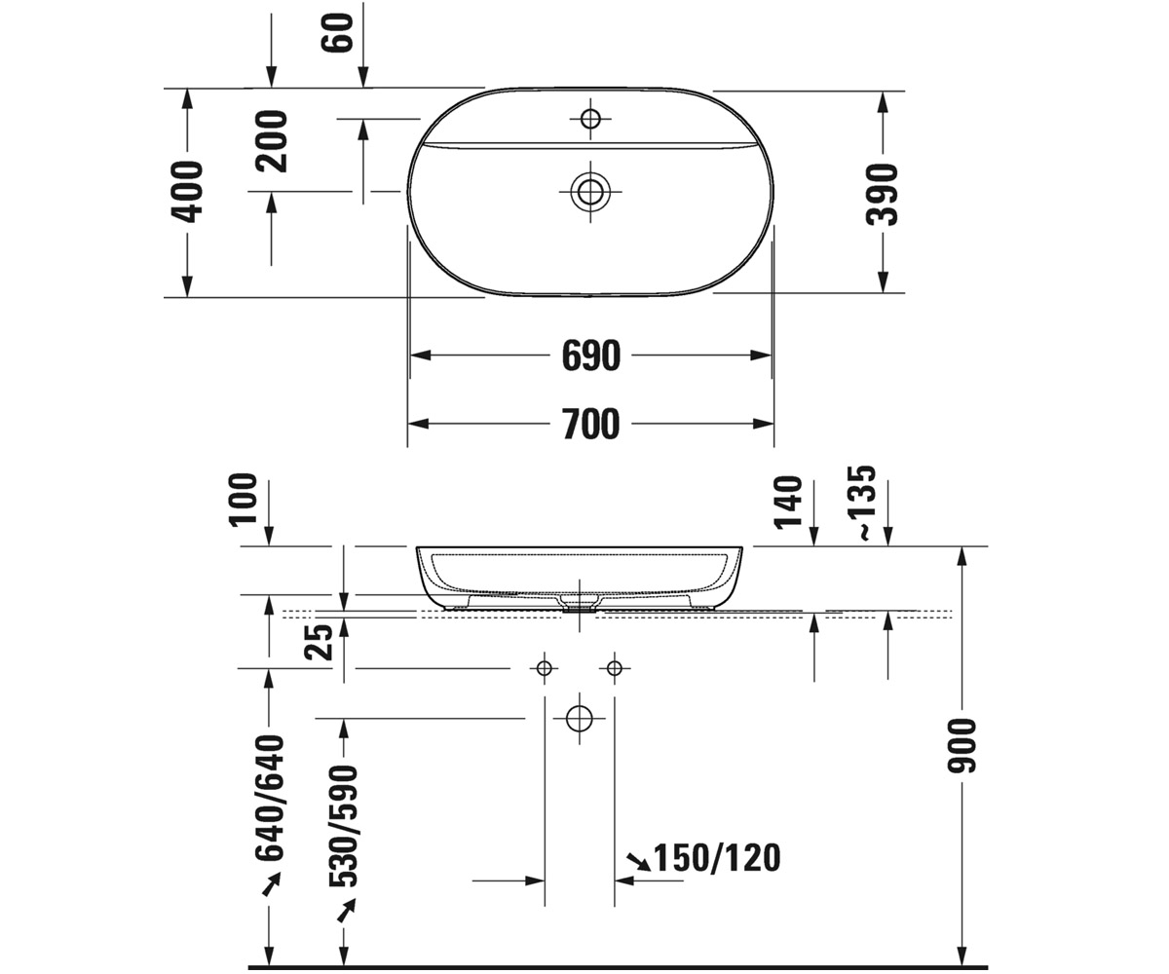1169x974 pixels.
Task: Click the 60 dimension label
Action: click(x=338, y=32)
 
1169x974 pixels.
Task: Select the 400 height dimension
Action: click(x=187, y=192)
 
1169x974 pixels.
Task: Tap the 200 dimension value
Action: click(x=271, y=141)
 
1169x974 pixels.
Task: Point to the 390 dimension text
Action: click(x=882, y=195)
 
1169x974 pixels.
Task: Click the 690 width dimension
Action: click(x=591, y=356)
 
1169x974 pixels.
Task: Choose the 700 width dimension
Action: click(x=591, y=424)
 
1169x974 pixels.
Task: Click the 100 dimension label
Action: click(x=243, y=500)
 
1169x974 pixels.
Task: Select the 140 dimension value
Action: click(x=788, y=503)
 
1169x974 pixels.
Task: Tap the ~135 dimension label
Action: click(x=860, y=503)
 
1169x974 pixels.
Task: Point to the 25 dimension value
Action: click(x=318, y=642)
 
